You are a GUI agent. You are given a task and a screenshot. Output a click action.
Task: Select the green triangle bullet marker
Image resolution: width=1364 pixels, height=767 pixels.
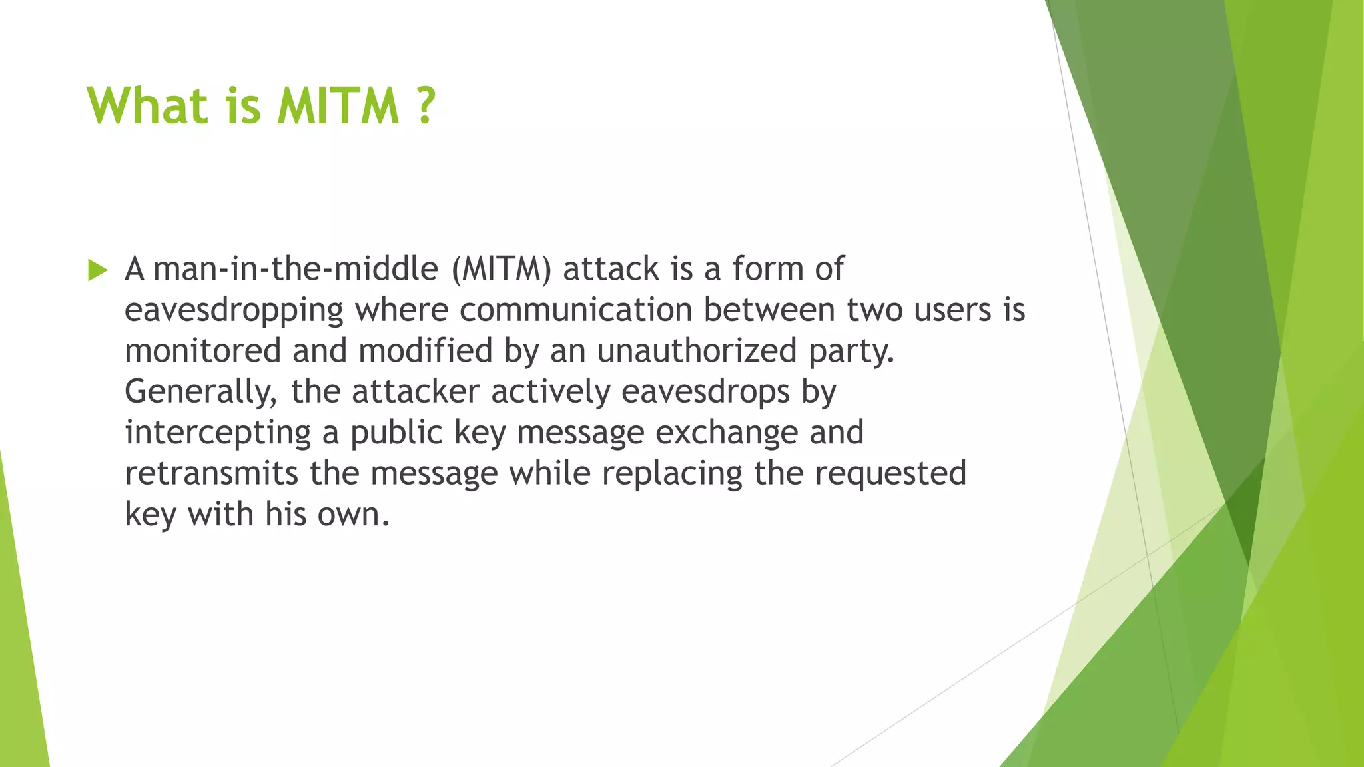(97, 270)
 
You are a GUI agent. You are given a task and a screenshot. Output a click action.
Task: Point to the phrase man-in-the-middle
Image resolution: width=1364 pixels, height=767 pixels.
(295, 269)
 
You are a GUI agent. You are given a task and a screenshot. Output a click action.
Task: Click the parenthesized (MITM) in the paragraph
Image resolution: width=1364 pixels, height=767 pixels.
(502, 269)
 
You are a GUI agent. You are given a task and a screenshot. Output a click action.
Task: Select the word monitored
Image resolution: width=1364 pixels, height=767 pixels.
(202, 351)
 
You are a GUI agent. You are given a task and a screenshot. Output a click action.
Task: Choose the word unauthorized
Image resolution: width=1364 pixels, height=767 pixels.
(697, 351)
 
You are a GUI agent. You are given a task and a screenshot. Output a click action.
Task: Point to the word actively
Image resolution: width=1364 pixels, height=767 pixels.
(550, 392)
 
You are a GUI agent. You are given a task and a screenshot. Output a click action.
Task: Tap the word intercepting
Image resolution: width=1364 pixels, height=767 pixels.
(218, 433)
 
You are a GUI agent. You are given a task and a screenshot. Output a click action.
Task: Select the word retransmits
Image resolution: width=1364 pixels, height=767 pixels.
(211, 473)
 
